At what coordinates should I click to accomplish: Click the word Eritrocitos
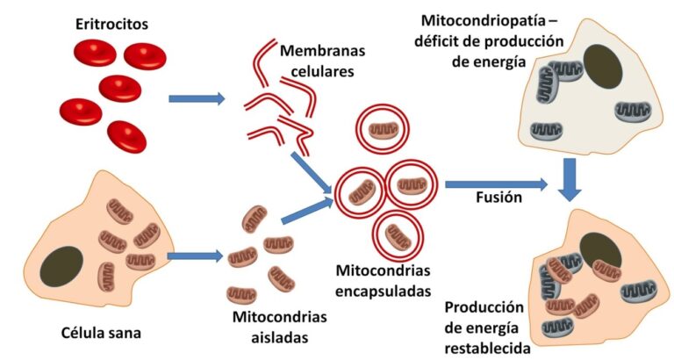pyautogui.click(x=111, y=25)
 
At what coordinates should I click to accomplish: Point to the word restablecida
pyautogui.click(x=487, y=349)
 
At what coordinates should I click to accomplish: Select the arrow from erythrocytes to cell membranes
pyautogui.click(x=197, y=98)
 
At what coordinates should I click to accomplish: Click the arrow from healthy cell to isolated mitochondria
pyautogui.click(x=194, y=256)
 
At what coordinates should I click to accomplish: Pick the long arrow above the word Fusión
pyautogui.click(x=497, y=184)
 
